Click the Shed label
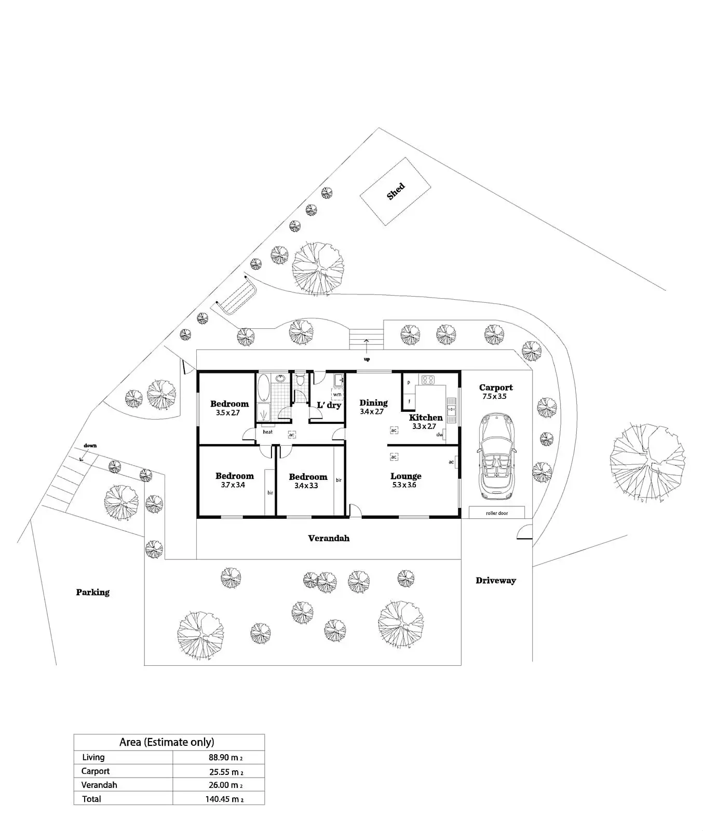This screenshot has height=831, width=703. click(x=396, y=192)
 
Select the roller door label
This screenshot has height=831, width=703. click(x=497, y=513)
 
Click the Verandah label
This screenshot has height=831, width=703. click(x=329, y=538)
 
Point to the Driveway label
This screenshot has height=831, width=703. click(x=496, y=581)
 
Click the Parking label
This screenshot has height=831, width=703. click(x=93, y=592)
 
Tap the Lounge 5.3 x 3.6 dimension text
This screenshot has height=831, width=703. click(x=404, y=485)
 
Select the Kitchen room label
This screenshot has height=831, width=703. click(x=426, y=418)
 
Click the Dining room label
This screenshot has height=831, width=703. click(x=373, y=403)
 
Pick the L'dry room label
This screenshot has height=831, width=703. click(x=329, y=405)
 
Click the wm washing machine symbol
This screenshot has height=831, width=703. click(x=337, y=395)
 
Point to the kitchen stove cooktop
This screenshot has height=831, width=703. click(x=428, y=380)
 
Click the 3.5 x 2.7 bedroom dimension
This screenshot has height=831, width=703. click(x=228, y=413)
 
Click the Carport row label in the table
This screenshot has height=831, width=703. click(x=96, y=771)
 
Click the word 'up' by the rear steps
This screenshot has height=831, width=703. click(x=367, y=359)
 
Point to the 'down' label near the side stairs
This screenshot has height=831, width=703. click(x=90, y=446)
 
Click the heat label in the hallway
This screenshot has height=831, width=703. click(x=267, y=432)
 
